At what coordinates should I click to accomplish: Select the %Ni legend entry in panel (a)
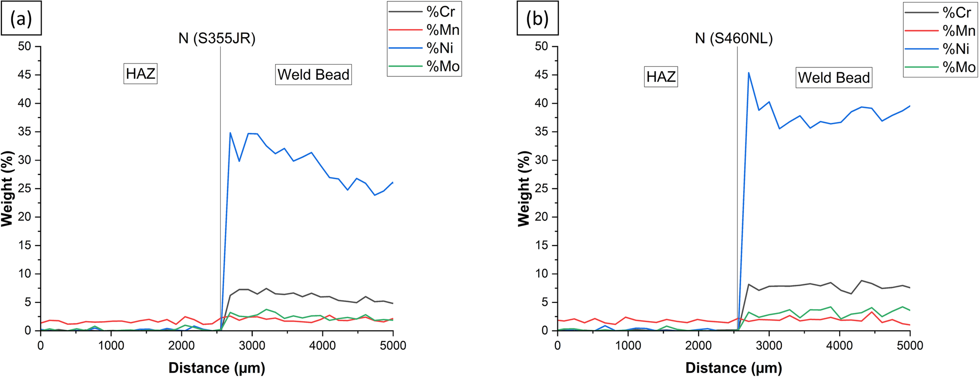[x=439, y=48]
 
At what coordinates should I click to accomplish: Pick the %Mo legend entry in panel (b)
[x=958, y=67]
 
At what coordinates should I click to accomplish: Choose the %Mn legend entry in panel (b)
[x=958, y=31]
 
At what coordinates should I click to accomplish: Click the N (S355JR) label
[x=217, y=38]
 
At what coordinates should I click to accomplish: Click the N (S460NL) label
[x=734, y=38]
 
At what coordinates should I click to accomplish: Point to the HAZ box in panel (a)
[x=140, y=74]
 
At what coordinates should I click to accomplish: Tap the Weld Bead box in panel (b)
[x=833, y=78]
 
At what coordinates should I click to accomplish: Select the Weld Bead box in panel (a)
[x=313, y=75]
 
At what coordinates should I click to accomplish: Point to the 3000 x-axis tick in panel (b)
[x=769, y=345]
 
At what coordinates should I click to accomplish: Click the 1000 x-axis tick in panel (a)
[x=111, y=345]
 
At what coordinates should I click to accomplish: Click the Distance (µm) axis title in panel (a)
[x=216, y=368]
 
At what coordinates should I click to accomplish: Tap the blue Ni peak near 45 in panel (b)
[x=748, y=73]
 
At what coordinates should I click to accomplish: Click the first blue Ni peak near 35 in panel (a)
[x=230, y=133]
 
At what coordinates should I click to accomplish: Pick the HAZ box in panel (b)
[x=661, y=76]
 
